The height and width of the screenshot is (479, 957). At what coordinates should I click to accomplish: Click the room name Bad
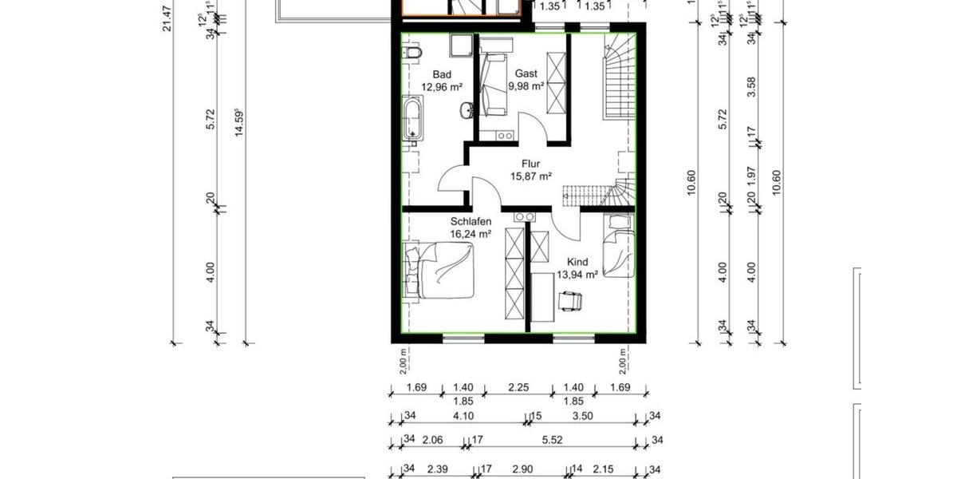coord(442,74)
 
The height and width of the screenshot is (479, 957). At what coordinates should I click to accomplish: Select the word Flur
coord(532,163)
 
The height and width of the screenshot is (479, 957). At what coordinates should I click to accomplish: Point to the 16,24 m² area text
coord(471,234)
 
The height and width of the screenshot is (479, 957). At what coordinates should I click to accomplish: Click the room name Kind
coord(577,262)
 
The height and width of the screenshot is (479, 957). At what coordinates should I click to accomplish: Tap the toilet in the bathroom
coord(412,54)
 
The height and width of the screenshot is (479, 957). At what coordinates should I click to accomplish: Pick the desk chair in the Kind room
coord(570,300)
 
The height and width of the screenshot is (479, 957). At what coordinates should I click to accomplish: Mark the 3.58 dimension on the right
coord(750,85)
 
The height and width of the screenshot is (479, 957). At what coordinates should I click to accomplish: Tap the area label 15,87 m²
coord(532,176)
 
